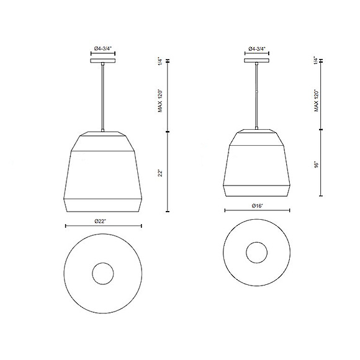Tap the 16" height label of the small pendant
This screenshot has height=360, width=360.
(x=316, y=164)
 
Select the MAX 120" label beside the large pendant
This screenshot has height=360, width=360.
(x=160, y=99)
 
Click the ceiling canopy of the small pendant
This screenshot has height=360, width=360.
(x=256, y=61)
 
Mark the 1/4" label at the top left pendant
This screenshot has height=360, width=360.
(x=160, y=61)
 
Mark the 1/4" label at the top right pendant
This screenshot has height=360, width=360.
(x=316, y=61)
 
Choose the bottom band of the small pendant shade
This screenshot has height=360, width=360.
(x=256, y=189)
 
